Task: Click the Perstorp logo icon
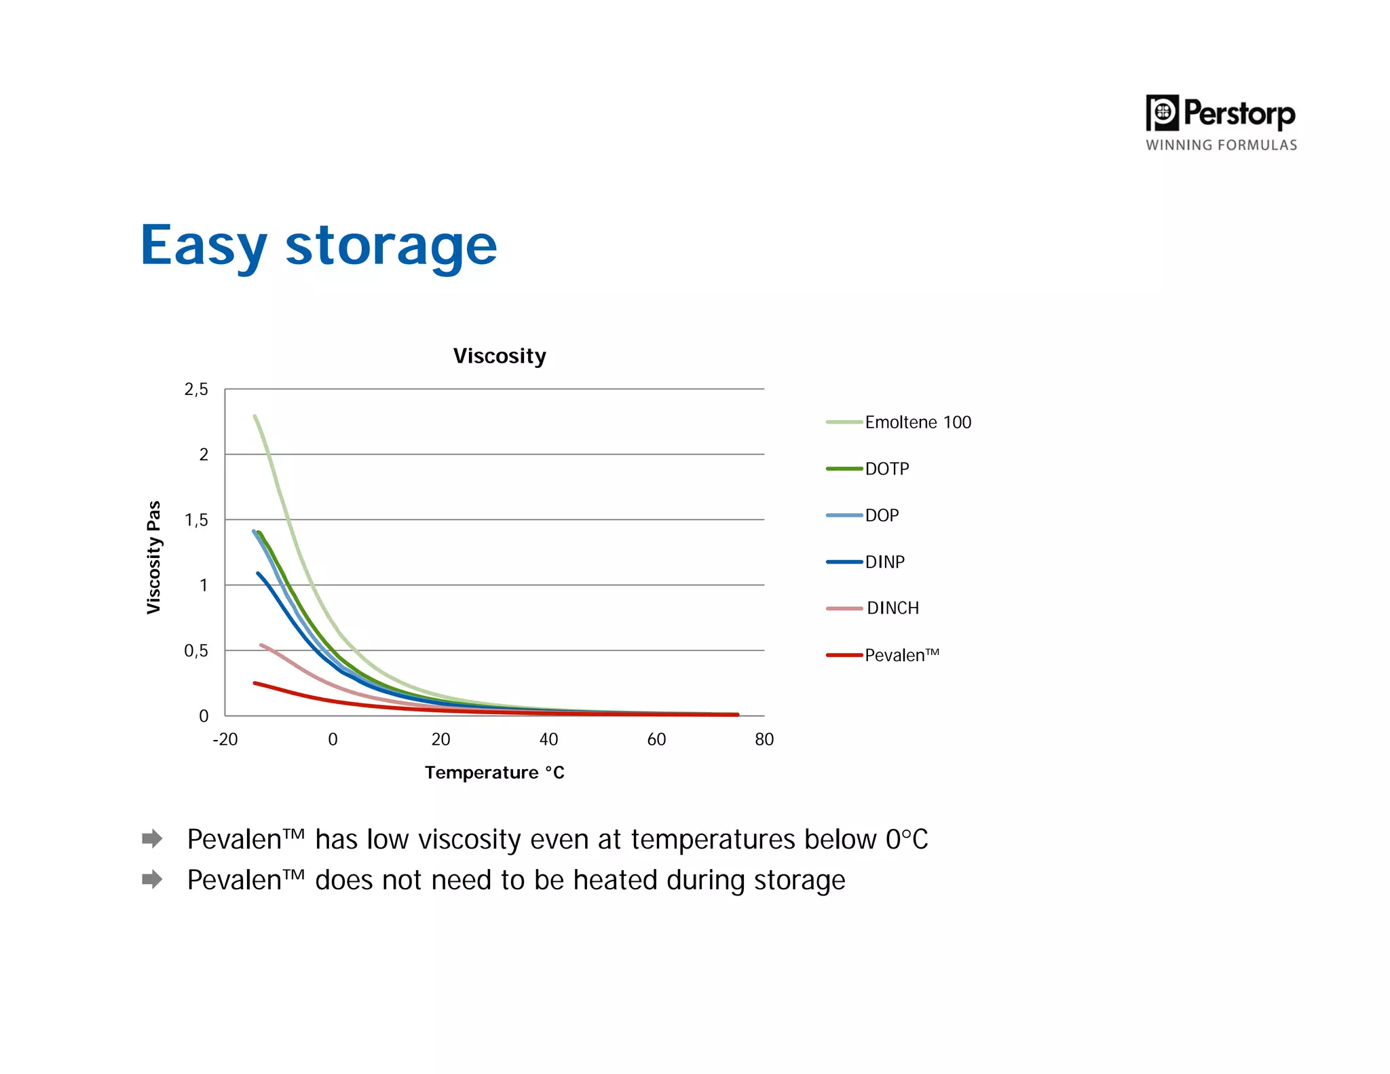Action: click(1162, 113)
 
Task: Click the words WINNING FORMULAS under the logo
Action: click(1221, 145)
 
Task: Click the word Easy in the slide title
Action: click(204, 246)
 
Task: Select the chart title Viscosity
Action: click(500, 356)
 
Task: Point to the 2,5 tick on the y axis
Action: click(196, 390)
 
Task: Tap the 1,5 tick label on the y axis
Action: click(196, 520)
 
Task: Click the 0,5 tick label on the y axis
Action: click(196, 650)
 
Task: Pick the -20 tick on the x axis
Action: click(225, 739)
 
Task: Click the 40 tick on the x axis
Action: click(548, 739)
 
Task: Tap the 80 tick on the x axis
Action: click(764, 739)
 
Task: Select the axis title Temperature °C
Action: click(495, 773)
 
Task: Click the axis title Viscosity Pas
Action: click(154, 557)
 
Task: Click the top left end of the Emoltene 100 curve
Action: click(255, 416)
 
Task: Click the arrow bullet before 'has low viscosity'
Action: click(152, 838)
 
